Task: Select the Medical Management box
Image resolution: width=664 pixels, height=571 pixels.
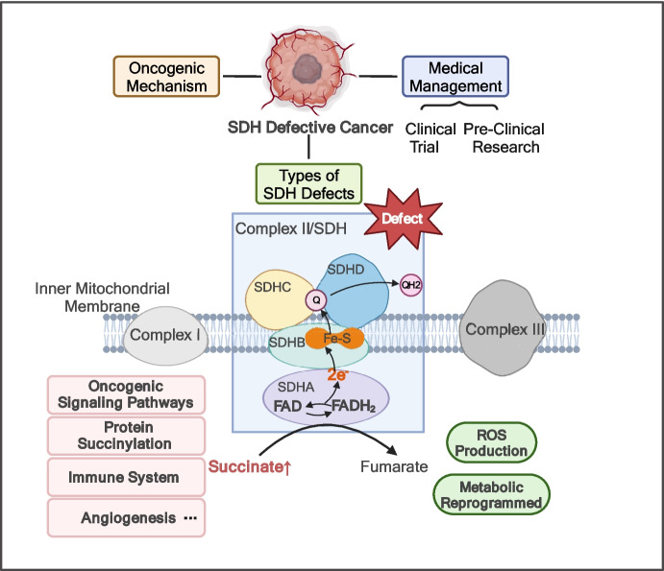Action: (x=454, y=76)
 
